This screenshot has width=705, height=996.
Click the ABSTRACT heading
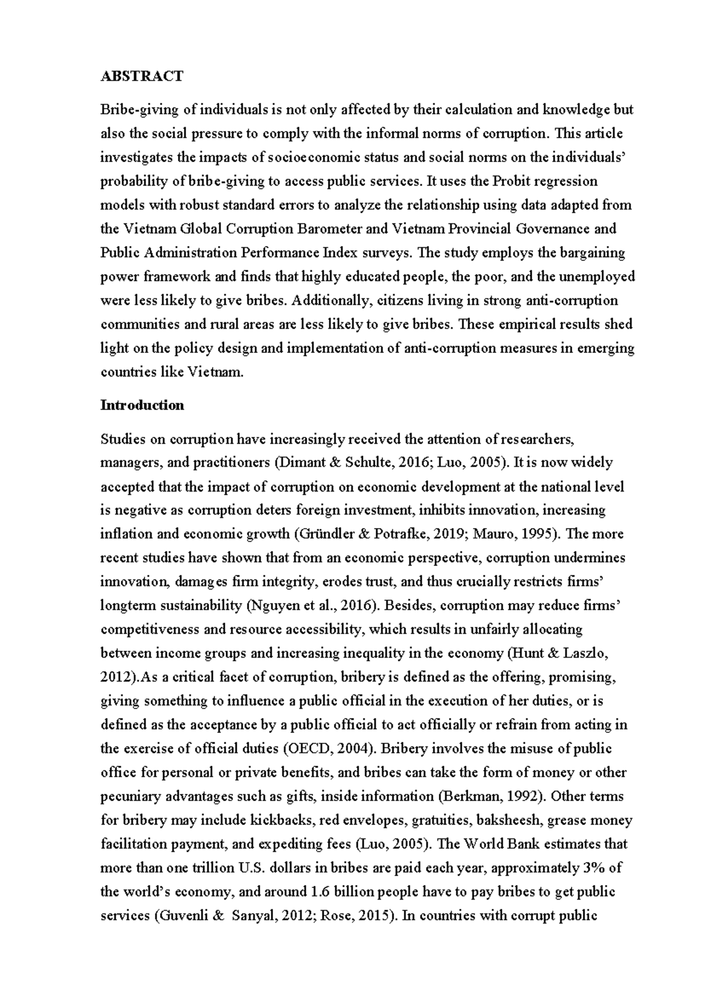tap(142, 76)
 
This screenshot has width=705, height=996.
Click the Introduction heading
tap(142, 405)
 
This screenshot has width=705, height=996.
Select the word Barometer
tap(334, 228)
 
